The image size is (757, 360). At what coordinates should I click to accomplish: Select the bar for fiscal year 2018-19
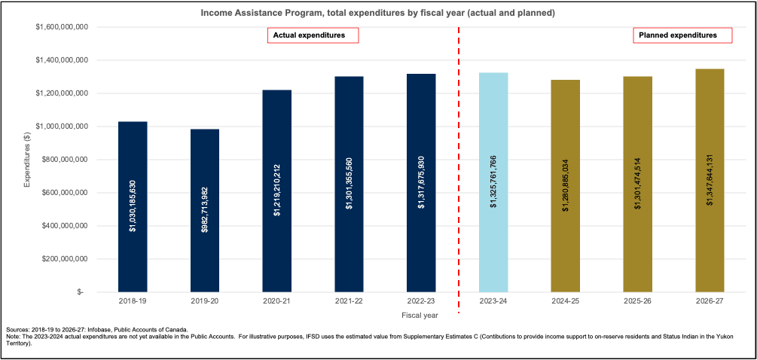(x=133, y=206)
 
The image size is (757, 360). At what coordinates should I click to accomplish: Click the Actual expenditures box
(x=313, y=35)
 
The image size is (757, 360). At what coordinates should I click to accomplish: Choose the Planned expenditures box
(x=685, y=35)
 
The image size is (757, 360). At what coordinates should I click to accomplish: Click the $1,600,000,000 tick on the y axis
(x=63, y=27)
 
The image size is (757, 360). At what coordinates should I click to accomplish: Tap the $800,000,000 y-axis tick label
(x=66, y=160)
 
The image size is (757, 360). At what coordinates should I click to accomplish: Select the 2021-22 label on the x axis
(x=350, y=301)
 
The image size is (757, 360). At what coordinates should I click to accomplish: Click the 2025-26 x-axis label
(x=637, y=301)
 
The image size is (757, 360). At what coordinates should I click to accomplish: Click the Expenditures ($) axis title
(x=27, y=159)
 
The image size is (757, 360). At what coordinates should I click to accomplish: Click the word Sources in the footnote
(x=17, y=329)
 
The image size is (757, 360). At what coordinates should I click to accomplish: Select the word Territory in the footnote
(x=18, y=343)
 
